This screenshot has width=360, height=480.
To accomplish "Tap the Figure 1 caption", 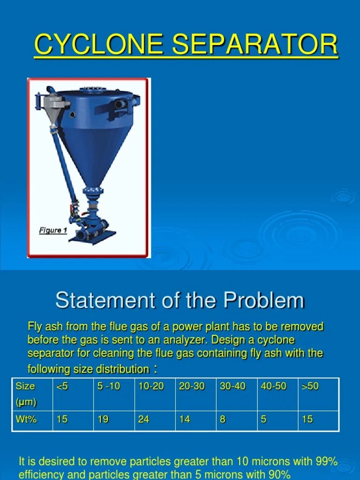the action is coord(53,230).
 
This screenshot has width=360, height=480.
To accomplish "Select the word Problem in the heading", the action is coord(263,300).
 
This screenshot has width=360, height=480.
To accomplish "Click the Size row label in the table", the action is coord(25,386).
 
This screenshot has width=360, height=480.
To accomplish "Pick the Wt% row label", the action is coord(26,419).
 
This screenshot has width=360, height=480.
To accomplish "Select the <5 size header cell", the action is coord(62,386).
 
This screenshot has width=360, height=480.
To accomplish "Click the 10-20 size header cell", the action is coord(151,386).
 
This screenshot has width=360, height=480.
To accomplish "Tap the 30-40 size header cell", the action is coord(232,386).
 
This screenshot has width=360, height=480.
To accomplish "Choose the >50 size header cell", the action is coord(310,386).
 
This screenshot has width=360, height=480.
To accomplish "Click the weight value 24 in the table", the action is coord(143,419).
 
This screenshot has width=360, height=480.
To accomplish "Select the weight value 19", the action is coord(103,419).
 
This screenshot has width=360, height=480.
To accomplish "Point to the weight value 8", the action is coord(223,419).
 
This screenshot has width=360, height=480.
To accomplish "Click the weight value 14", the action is coord(185,419).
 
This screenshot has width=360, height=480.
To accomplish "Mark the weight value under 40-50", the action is coord(263,419).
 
